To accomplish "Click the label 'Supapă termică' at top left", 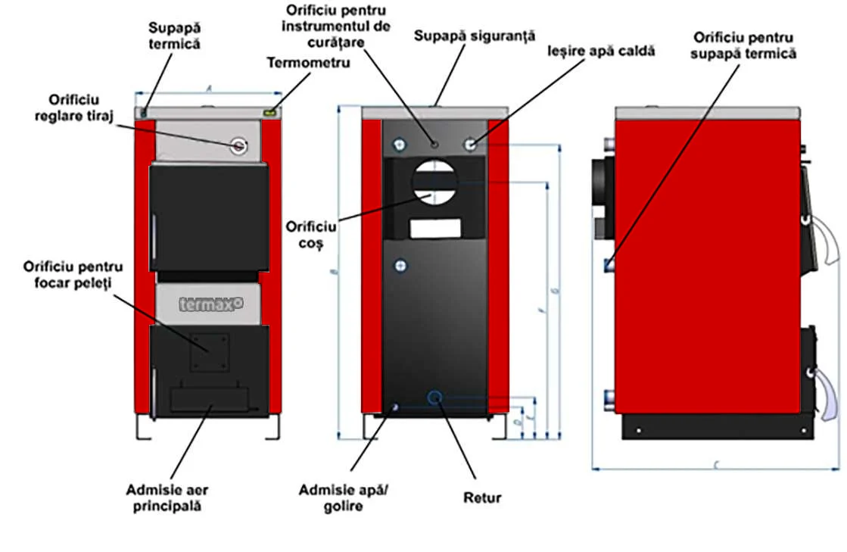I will pyautogui.click(x=174, y=36).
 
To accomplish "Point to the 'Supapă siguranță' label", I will pyautogui.click(x=475, y=36).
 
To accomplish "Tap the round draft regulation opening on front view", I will pyautogui.click(x=239, y=145).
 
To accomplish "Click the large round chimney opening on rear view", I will pyautogui.click(x=434, y=181).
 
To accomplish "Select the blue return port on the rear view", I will pyautogui.click(x=435, y=396).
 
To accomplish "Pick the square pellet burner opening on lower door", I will pyautogui.click(x=210, y=353).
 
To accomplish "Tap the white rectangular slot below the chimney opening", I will pyautogui.click(x=435, y=227).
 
